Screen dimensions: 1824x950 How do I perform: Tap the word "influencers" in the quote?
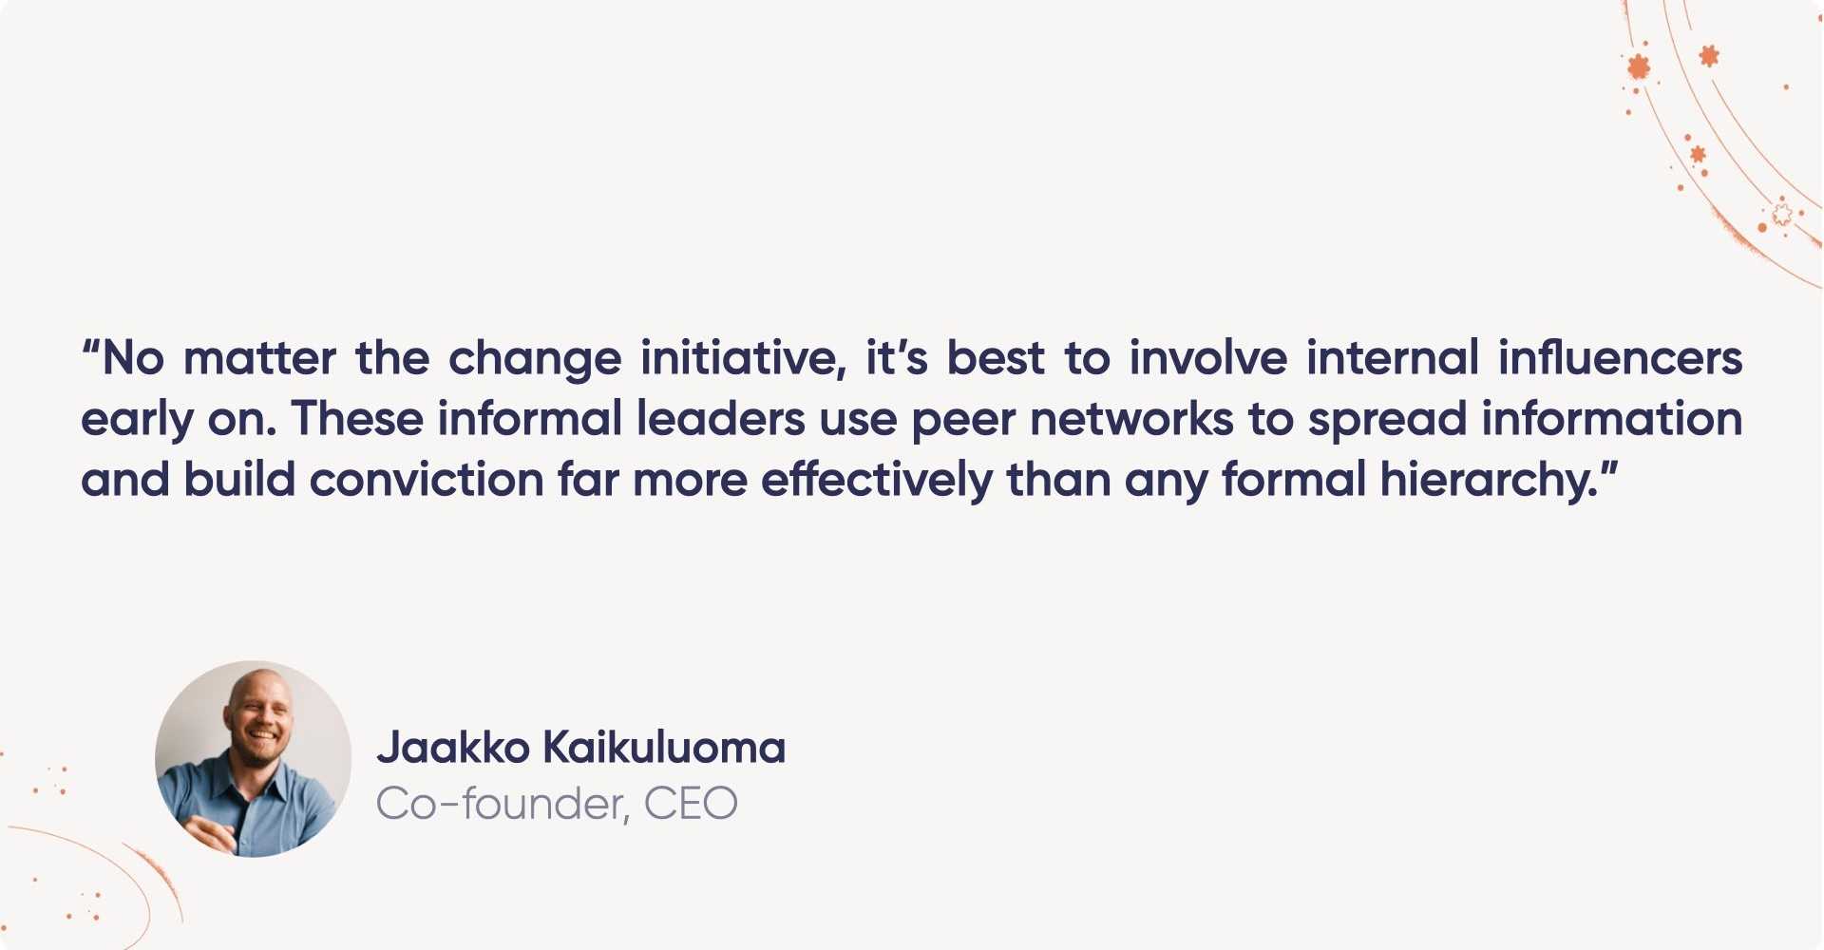click(1621, 358)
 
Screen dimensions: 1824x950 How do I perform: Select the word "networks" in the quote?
click(1131, 419)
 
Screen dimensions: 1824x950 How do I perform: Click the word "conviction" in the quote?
click(427, 480)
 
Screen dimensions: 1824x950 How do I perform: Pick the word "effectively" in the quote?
click(877, 481)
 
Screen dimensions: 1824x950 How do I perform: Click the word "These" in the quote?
click(357, 419)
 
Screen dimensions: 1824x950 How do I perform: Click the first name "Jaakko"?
click(453, 748)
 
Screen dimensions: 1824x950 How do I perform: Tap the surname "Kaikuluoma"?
click(664, 748)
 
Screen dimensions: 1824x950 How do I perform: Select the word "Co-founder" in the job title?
click(500, 805)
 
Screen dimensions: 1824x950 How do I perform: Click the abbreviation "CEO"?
click(691, 805)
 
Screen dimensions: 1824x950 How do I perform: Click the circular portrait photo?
click(253, 759)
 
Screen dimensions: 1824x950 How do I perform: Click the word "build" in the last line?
click(239, 480)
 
